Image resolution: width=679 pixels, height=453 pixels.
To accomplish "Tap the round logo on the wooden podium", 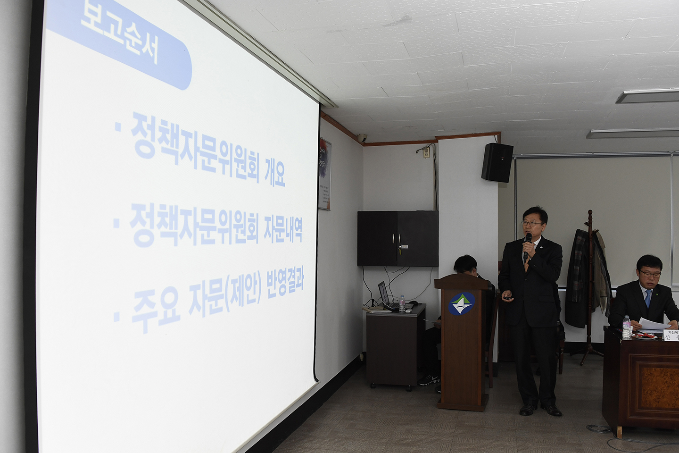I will tap(461, 303).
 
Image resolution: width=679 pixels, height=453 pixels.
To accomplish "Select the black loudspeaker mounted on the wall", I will tap(497, 162).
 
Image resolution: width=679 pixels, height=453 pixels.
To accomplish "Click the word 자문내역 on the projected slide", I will tap(282, 228).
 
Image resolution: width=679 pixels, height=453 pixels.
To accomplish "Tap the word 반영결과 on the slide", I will tap(285, 283).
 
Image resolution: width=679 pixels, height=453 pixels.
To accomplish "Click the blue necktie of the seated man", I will tap(648, 298).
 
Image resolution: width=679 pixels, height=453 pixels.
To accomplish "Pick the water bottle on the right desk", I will tap(626, 327).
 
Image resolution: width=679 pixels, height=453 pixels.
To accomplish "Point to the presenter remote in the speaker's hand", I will tap(507, 297).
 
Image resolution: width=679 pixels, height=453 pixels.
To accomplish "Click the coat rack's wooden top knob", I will tap(589, 215).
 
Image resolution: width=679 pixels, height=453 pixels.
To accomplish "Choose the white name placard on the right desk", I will tap(671, 336).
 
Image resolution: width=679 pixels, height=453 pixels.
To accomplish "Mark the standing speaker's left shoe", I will tap(552, 410).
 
